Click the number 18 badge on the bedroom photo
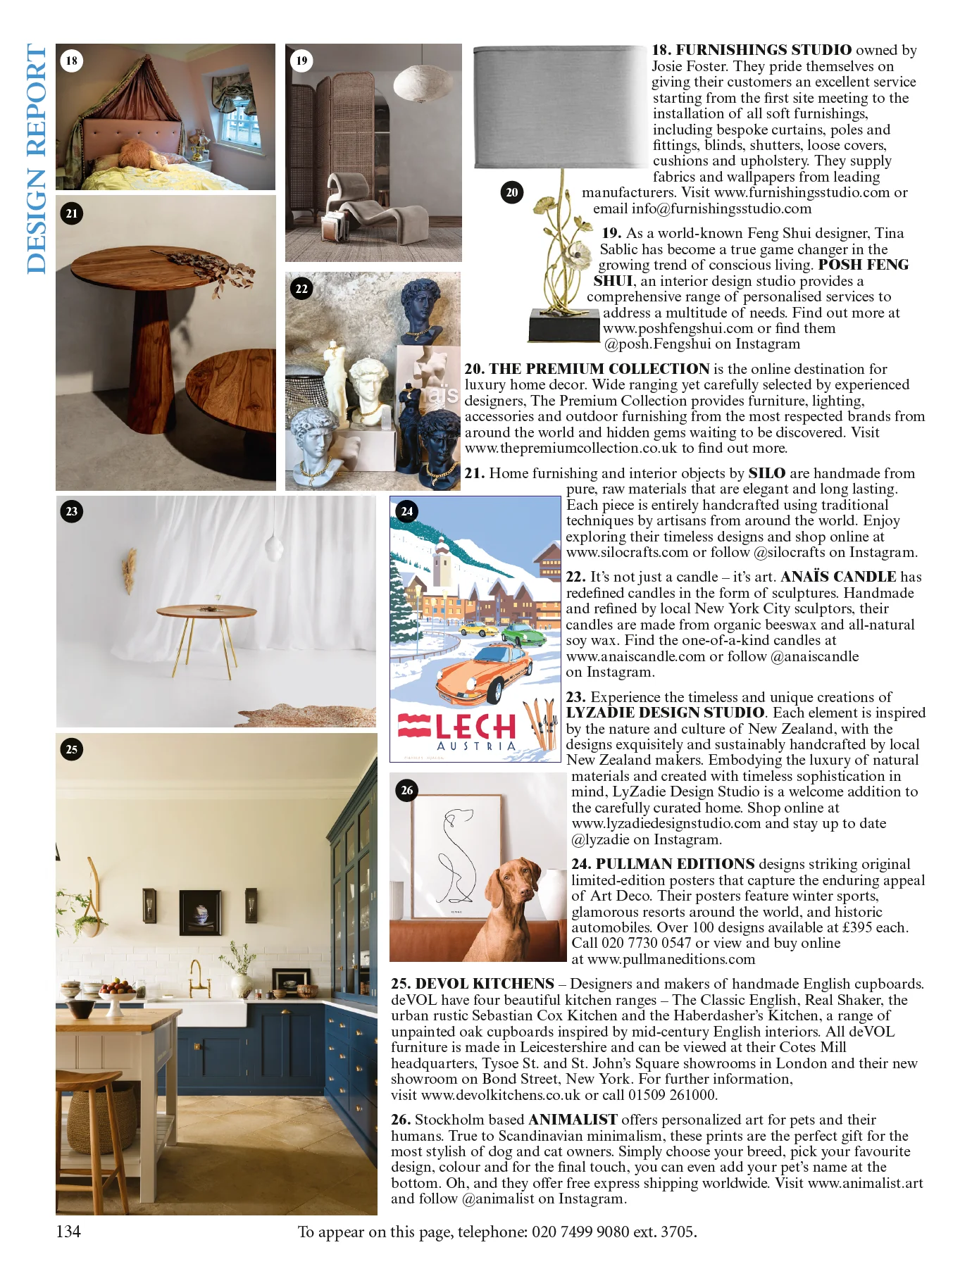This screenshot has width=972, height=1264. click(72, 61)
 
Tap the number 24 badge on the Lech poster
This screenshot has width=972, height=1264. click(406, 511)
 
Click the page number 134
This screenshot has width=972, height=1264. click(68, 1232)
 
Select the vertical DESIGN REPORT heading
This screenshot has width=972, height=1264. click(37, 158)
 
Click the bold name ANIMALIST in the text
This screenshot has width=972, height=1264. click(573, 1120)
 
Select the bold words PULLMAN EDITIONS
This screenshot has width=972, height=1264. click(675, 864)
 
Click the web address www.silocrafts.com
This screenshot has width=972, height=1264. click(627, 552)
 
